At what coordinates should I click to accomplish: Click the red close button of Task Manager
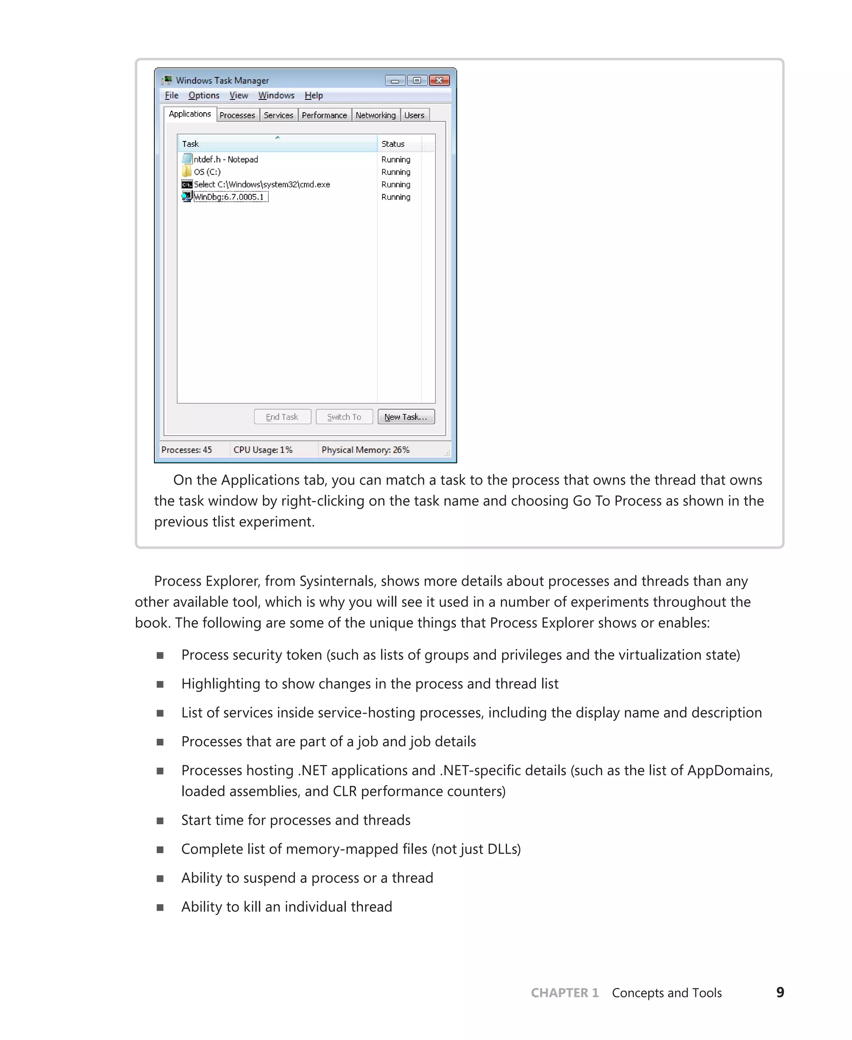(x=439, y=80)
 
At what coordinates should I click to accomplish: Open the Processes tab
(x=237, y=115)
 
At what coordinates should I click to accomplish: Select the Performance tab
(x=324, y=115)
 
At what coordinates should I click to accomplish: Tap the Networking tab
(x=375, y=115)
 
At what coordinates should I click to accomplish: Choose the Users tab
(x=414, y=115)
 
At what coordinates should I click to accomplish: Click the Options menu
(x=204, y=96)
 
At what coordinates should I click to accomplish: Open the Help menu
(x=314, y=96)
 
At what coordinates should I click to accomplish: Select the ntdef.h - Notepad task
(x=226, y=159)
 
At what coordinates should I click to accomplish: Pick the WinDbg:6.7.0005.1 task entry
(x=229, y=197)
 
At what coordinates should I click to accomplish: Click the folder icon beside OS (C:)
(x=186, y=171)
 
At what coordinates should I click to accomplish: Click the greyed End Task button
(x=282, y=417)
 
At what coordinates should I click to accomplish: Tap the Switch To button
(x=344, y=417)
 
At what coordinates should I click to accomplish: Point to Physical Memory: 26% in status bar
(x=365, y=450)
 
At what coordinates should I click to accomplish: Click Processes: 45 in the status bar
(x=186, y=450)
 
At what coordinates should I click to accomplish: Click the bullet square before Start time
(x=160, y=821)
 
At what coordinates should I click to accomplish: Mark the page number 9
(x=780, y=992)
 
